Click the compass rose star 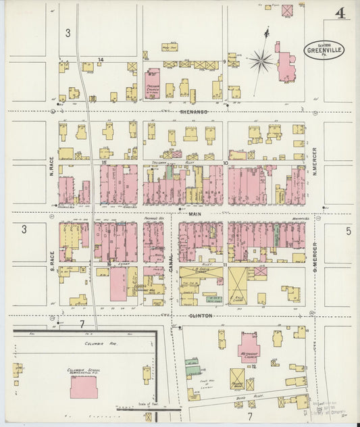coord(260,61)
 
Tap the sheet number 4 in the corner coord(340,13)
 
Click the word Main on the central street coord(195,214)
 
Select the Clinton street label coord(200,316)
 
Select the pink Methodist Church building coord(248,347)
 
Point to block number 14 coord(100,61)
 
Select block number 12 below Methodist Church coord(253,366)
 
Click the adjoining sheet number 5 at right coord(349,231)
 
